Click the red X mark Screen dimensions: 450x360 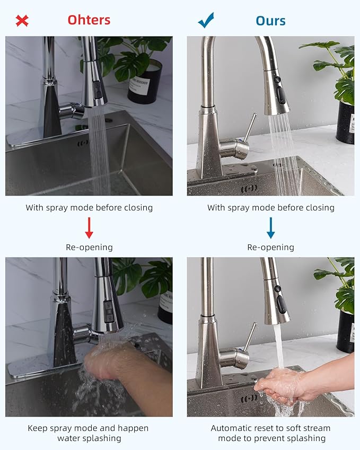click(22, 21)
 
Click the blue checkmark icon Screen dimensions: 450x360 click(206, 21)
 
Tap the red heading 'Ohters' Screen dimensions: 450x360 click(89, 20)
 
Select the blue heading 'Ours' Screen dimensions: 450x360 click(270, 21)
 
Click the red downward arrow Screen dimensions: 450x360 click(89, 227)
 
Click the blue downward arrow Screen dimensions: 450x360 click(271, 227)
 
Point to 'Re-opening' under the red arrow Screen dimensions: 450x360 click(89, 247)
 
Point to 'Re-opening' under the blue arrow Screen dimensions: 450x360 click(271, 247)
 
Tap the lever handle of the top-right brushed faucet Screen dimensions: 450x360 click(250, 127)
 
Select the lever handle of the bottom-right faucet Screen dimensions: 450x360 click(250, 337)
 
